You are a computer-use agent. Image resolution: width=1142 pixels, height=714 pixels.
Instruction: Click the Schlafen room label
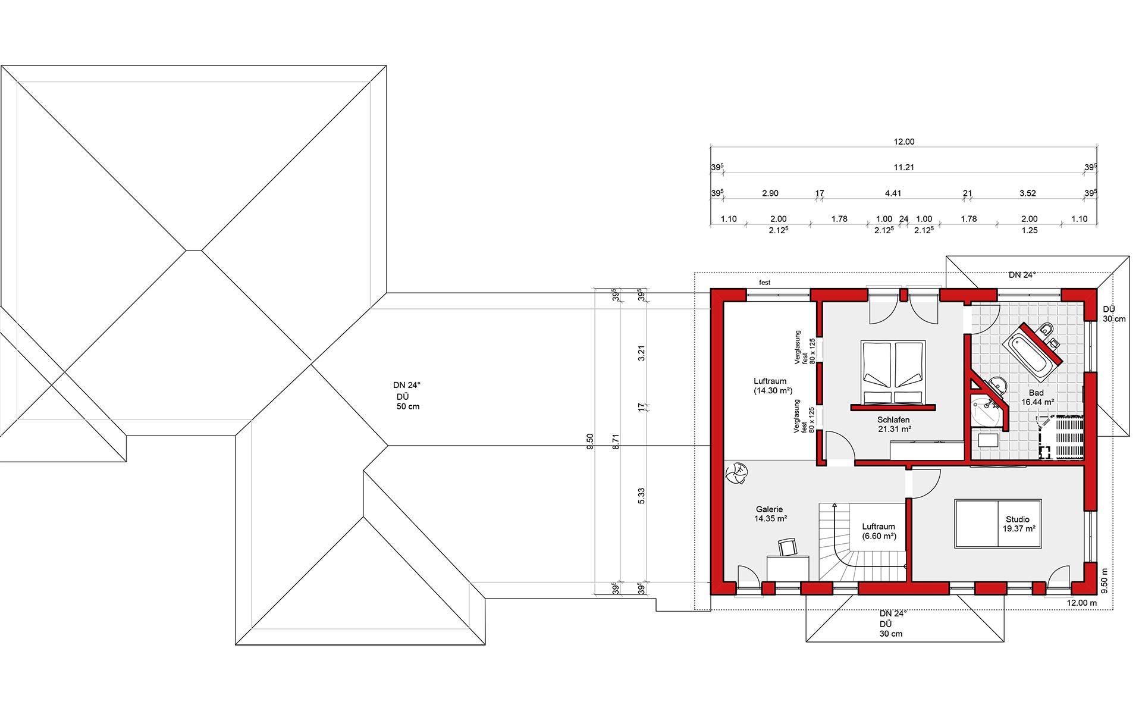point(893,420)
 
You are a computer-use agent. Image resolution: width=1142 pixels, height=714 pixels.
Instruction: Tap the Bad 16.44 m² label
point(1037,397)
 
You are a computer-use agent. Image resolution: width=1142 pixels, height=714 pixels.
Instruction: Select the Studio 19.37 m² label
point(1019,524)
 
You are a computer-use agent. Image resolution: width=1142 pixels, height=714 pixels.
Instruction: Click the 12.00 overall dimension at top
point(903,142)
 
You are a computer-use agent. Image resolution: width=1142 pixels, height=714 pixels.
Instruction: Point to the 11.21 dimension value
point(903,168)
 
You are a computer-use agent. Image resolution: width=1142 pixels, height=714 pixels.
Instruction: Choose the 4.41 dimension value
point(893,193)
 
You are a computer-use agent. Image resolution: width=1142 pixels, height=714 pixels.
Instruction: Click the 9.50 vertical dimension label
point(589,441)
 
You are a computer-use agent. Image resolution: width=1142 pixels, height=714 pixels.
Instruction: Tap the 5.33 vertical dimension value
point(641,496)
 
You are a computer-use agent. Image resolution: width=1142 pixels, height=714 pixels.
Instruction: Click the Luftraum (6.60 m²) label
point(879,531)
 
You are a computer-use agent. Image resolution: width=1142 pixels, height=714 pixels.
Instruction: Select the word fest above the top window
point(765,283)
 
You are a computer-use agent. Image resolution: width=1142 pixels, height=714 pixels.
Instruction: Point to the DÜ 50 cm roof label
point(408,402)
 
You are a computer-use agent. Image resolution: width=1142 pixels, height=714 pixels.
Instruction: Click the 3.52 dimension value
point(1028,193)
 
